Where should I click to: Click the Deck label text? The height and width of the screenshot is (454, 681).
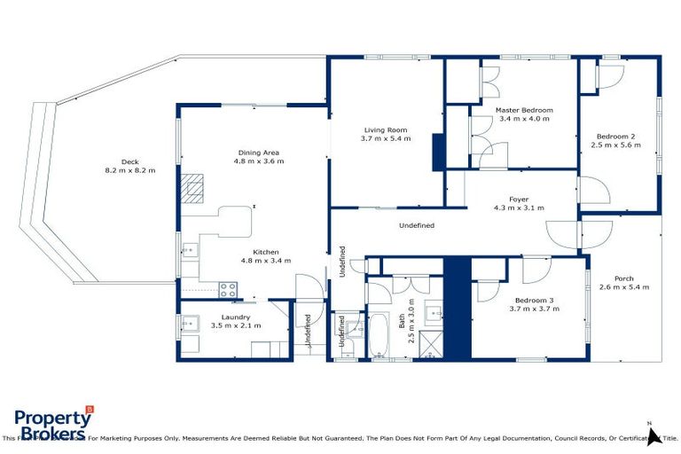tap(130, 161)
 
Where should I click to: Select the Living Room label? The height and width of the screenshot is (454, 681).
tap(385, 129)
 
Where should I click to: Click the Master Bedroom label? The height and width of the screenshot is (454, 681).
tap(524, 110)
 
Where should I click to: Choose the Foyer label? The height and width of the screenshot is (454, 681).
tap(519, 199)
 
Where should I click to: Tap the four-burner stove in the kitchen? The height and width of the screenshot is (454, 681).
tap(228, 288)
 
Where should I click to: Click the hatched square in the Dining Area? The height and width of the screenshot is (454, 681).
tap(192, 187)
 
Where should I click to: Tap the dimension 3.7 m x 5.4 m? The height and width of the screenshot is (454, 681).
tap(385, 139)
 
